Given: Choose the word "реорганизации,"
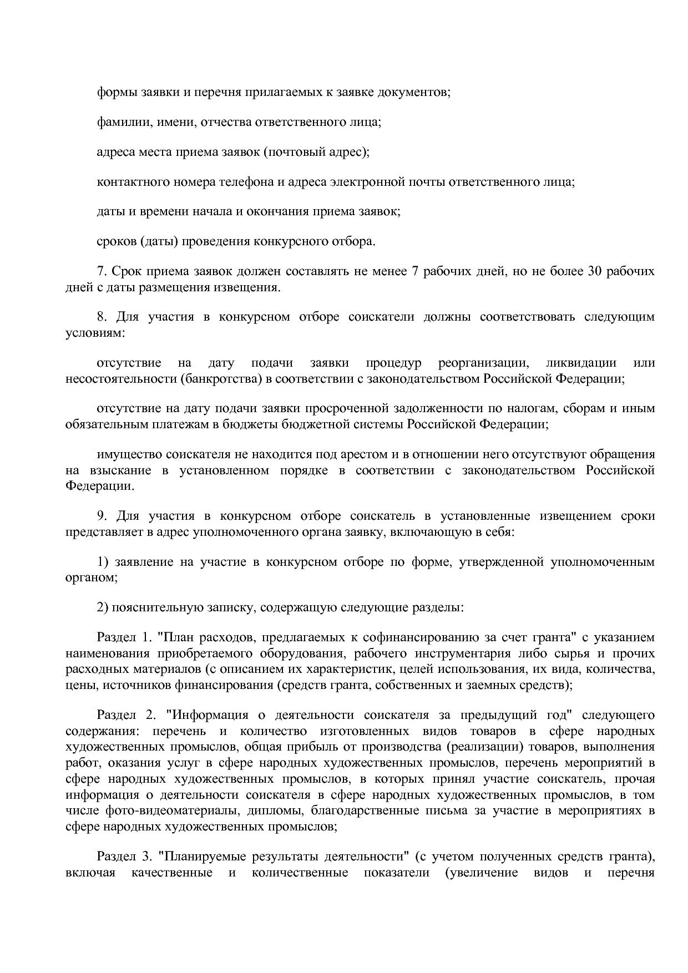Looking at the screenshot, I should (482, 363).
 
